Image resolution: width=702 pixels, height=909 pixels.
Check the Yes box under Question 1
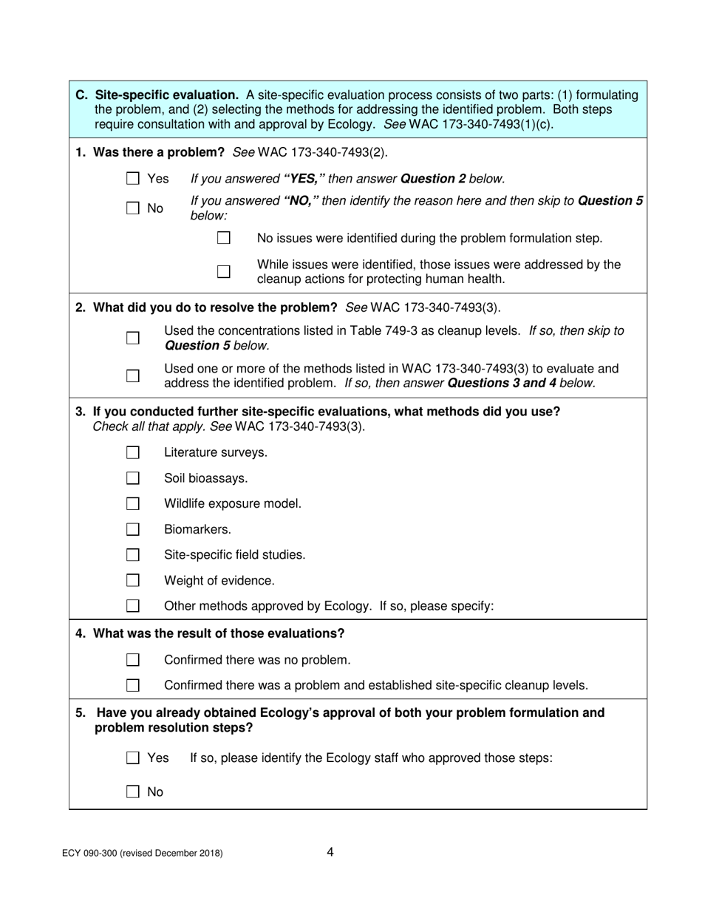click(x=133, y=178)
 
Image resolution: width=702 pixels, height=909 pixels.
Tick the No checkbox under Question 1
click(x=133, y=208)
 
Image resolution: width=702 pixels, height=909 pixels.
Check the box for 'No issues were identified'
click(x=224, y=239)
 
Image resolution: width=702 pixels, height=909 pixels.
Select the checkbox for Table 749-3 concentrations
click(x=133, y=338)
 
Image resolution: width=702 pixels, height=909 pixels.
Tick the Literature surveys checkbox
click(x=133, y=452)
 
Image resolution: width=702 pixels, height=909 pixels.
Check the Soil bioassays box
click(x=133, y=478)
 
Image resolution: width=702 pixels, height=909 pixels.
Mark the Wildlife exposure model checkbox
click(x=133, y=504)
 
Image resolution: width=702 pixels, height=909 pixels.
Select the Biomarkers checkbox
click(x=133, y=529)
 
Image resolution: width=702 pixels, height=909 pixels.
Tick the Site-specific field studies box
click(x=133, y=555)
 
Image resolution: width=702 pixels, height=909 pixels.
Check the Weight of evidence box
click(x=133, y=580)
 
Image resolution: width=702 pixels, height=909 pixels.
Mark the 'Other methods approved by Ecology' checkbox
click(x=133, y=606)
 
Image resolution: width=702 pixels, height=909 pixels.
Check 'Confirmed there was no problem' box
click(x=133, y=659)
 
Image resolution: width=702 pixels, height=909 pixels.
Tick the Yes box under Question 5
click(x=133, y=757)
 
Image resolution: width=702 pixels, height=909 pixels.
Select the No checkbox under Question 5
click(x=133, y=792)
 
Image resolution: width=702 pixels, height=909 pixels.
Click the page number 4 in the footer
click(x=330, y=852)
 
